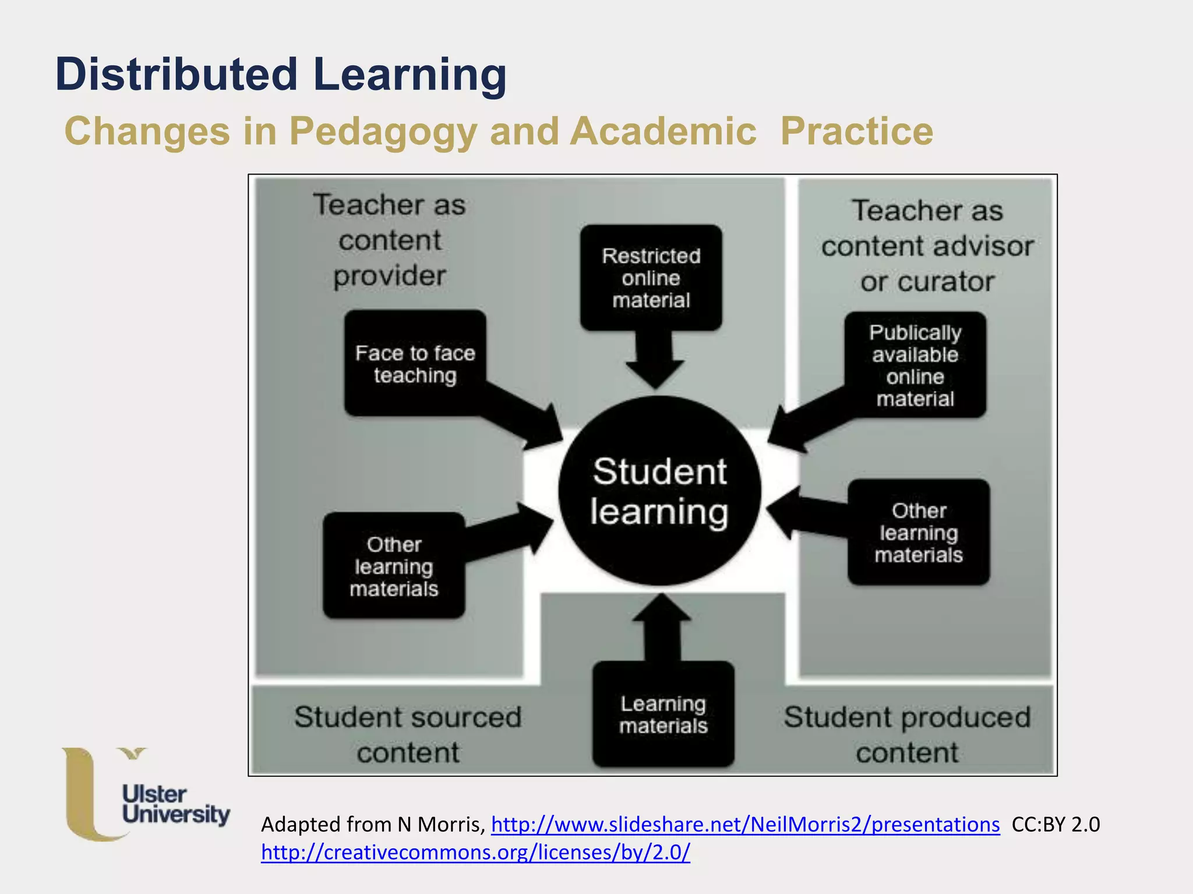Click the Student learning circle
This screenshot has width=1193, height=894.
659,491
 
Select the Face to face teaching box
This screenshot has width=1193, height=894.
415,363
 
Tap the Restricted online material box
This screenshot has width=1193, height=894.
651,278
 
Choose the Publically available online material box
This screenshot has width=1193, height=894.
915,365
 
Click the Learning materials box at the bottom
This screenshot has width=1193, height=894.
663,714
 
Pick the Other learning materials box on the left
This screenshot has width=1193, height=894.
394,566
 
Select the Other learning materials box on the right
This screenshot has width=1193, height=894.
919,532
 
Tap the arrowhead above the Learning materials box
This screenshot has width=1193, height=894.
662,608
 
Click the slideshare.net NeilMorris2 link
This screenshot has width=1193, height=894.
745,824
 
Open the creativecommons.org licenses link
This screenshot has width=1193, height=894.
475,852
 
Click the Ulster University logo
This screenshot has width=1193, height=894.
146,794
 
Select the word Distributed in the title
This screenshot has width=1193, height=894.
177,74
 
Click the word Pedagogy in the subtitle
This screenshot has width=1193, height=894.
383,132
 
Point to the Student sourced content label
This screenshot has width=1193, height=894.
408,734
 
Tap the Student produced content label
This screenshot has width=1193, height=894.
907,734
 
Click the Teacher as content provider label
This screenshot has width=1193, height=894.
390,240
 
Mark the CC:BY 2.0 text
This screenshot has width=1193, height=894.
1056,824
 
